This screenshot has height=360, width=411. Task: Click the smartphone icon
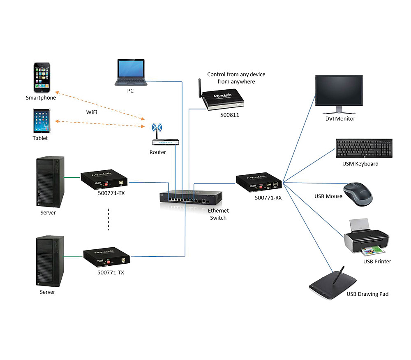click(42, 78)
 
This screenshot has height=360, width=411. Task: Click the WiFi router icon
click(166, 140)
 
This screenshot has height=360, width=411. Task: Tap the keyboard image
click(363, 149)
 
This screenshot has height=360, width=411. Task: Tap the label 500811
click(229, 115)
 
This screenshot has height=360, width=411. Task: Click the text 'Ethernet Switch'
click(218, 214)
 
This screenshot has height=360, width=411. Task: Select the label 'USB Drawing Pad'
click(367, 294)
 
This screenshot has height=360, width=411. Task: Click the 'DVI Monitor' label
click(340, 118)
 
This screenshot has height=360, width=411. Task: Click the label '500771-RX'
click(268, 197)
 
